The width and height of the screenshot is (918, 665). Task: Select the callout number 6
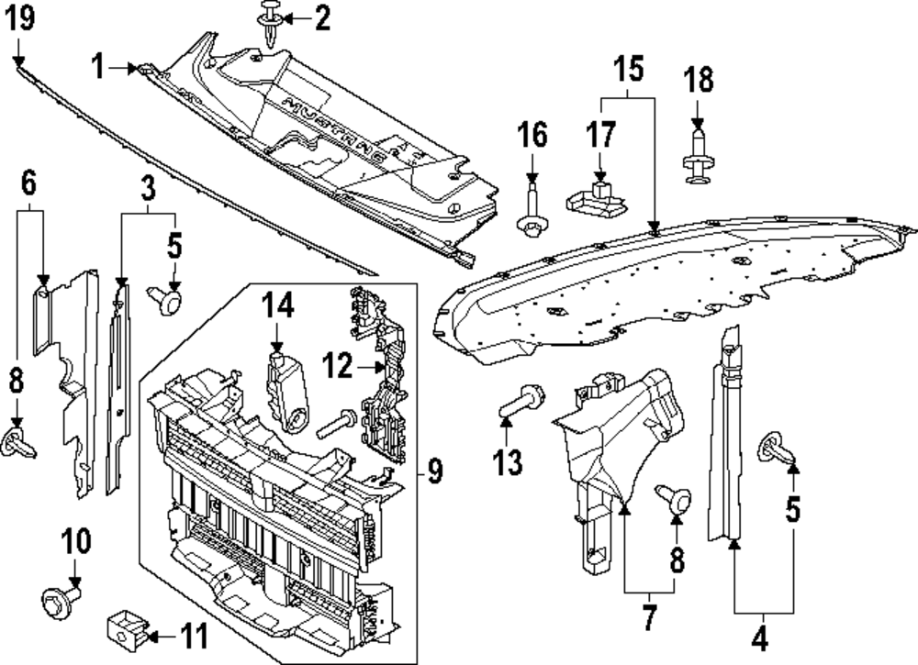point(29,184)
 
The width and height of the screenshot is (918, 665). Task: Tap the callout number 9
point(434,472)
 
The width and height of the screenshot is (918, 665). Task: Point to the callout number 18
point(699,80)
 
